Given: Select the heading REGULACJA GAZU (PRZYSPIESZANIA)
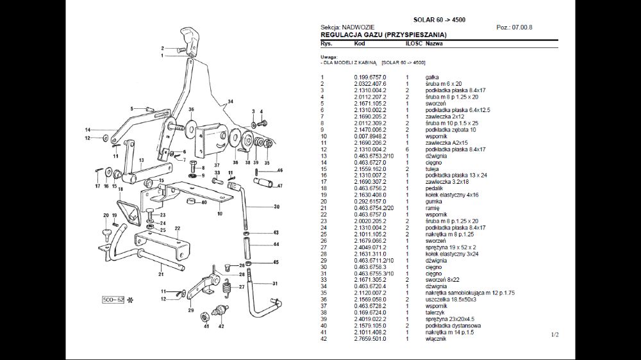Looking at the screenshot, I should point(383,35).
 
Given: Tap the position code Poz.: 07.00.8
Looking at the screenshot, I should point(514,28).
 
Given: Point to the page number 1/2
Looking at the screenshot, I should point(554,334).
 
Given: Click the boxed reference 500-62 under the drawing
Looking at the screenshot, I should point(114,299).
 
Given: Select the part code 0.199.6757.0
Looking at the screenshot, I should point(370,77).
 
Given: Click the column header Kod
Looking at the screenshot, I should point(360,44).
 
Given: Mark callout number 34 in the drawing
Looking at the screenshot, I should point(230,102).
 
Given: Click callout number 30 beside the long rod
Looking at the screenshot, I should point(276,207).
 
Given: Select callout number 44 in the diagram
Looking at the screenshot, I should point(276,244).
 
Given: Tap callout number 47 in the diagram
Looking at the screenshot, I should point(280,186).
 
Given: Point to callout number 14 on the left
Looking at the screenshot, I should point(88,130).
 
